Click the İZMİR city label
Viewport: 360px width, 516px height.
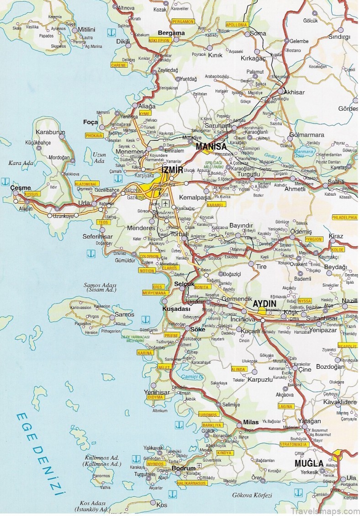pos(172,170)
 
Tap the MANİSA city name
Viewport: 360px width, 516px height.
pos(211,147)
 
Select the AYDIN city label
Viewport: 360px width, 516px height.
pos(265,303)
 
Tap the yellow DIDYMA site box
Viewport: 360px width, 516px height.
pos(156,397)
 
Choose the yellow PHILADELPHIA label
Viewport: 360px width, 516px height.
pos(345,218)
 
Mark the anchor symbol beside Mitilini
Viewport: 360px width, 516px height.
pos(110,32)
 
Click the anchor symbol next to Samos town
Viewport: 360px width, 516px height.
pos(145,319)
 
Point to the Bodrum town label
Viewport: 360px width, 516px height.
pos(184,468)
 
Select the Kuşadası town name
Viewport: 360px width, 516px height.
pos(175,309)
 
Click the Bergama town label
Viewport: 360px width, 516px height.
pos(171,33)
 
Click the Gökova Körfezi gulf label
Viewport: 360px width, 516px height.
pos(252,495)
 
